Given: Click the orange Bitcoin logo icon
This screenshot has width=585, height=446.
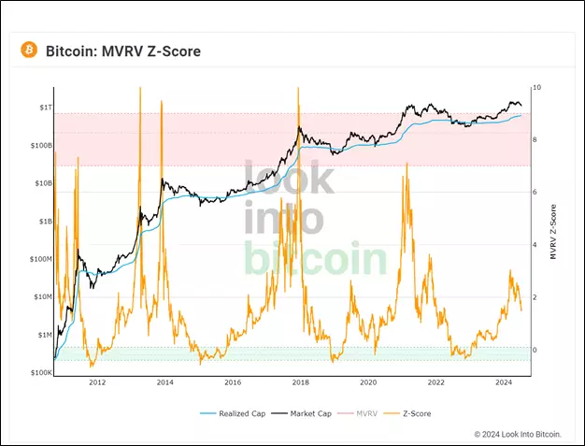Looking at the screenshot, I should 29,50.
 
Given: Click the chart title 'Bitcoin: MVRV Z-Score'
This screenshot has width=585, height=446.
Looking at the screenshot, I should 122,50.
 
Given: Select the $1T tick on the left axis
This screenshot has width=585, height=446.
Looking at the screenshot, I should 45,108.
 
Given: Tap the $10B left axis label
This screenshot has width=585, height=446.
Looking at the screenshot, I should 43,183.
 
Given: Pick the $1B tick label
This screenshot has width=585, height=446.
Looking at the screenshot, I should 45,222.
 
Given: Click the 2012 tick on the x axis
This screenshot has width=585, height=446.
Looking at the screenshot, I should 97,382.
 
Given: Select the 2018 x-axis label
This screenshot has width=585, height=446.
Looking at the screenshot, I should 301,382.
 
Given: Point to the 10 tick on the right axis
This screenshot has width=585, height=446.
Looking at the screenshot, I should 536,87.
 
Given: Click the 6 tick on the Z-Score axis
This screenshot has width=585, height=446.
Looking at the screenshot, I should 535,193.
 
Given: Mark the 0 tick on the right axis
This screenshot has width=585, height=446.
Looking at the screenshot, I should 535,350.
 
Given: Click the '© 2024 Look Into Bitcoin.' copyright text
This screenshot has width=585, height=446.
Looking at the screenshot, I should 517,434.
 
